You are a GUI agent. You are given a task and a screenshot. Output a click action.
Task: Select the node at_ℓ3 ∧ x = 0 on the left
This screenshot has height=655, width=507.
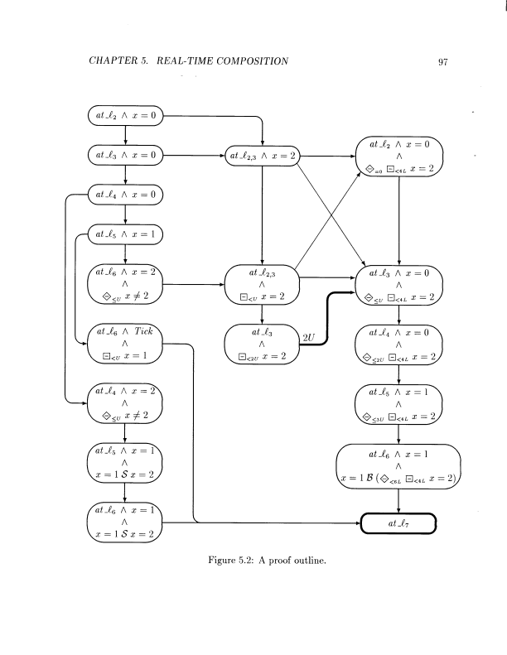tap(124, 155)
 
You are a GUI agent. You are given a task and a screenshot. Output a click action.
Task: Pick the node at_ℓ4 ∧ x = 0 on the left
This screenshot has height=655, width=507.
tap(124, 196)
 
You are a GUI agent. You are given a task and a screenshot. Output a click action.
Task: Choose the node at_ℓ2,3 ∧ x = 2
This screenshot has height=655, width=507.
tap(263, 155)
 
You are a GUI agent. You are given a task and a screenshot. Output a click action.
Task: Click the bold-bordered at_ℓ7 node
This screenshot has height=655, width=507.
tap(399, 524)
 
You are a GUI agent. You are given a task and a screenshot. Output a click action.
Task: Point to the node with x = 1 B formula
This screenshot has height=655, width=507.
tap(399, 467)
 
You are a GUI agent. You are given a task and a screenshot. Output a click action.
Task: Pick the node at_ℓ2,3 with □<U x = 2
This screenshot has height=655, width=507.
tap(263, 284)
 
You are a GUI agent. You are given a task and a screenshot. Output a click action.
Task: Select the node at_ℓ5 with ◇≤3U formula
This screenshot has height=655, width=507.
tap(399, 403)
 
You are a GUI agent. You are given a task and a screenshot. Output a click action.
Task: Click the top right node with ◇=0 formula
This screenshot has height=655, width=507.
tap(399, 155)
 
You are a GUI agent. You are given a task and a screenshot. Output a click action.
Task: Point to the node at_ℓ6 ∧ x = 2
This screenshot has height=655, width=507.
tap(124, 284)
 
